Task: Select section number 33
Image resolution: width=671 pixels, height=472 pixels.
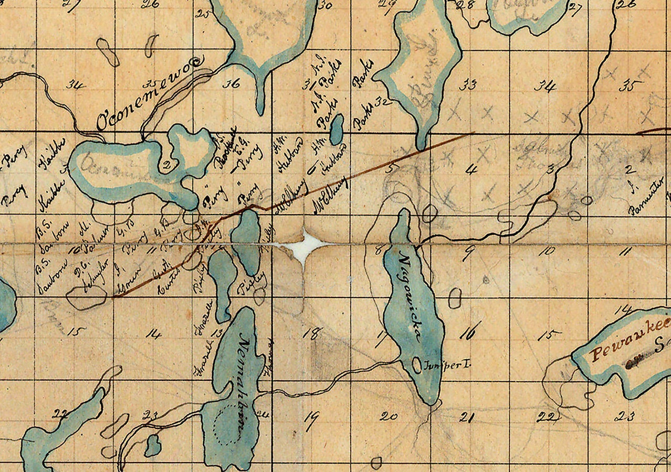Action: [x=467, y=85]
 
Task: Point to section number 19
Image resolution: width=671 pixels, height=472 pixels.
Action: [x=311, y=418]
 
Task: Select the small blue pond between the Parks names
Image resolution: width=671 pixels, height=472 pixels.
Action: [x=336, y=130]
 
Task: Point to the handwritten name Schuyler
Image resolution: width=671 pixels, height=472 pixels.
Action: [x=94, y=273]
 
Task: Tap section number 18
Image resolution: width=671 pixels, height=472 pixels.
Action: [x=314, y=334]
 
